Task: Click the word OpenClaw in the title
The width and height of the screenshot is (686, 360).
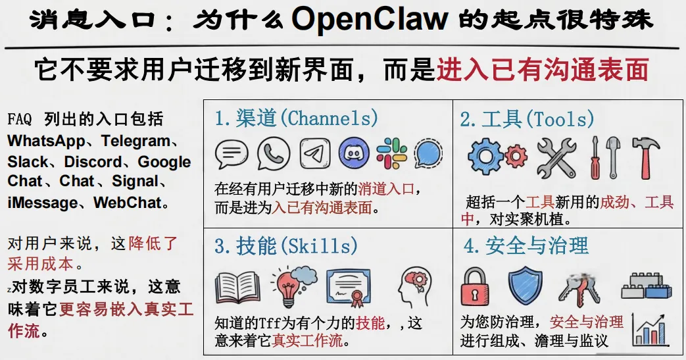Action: pyautogui.click(x=370, y=20)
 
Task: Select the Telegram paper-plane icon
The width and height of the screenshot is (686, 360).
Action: pyautogui.click(x=315, y=153)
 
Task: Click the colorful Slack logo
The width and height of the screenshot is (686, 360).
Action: pyautogui.click(x=392, y=153)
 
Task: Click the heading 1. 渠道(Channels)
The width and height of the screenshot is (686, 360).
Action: pyautogui.click(x=297, y=118)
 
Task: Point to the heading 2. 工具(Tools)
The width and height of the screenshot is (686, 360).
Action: pyautogui.click(x=527, y=119)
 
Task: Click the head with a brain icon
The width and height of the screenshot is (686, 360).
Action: pyautogui.click(x=414, y=287)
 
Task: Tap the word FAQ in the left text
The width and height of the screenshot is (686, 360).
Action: pyautogui.click(x=21, y=120)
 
